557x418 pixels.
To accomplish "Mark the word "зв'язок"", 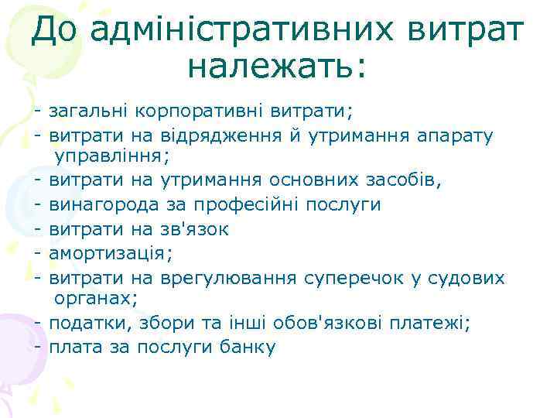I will (x=194, y=228).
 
